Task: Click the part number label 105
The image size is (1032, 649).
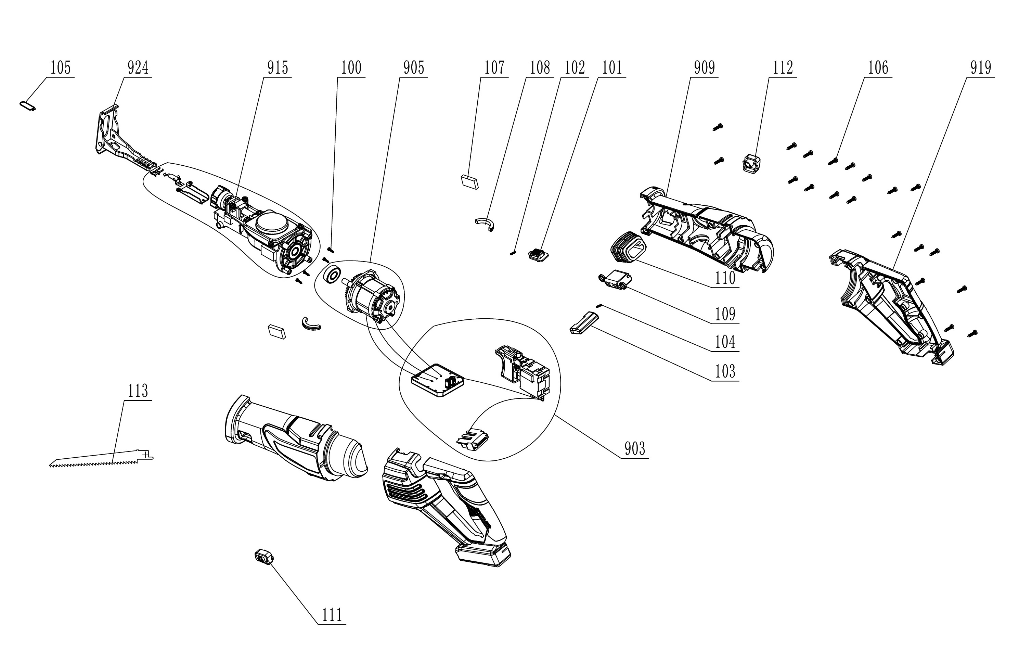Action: [x=61, y=68]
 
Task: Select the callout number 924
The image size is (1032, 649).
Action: [x=138, y=68]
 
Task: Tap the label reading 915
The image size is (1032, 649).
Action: [x=278, y=68]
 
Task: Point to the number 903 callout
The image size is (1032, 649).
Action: [x=635, y=449]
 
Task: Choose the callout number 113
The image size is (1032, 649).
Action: [x=138, y=391]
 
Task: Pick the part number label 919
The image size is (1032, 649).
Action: [x=981, y=68]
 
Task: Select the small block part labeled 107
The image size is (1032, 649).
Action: [x=470, y=181]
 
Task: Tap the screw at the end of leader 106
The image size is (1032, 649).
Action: [x=833, y=161]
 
